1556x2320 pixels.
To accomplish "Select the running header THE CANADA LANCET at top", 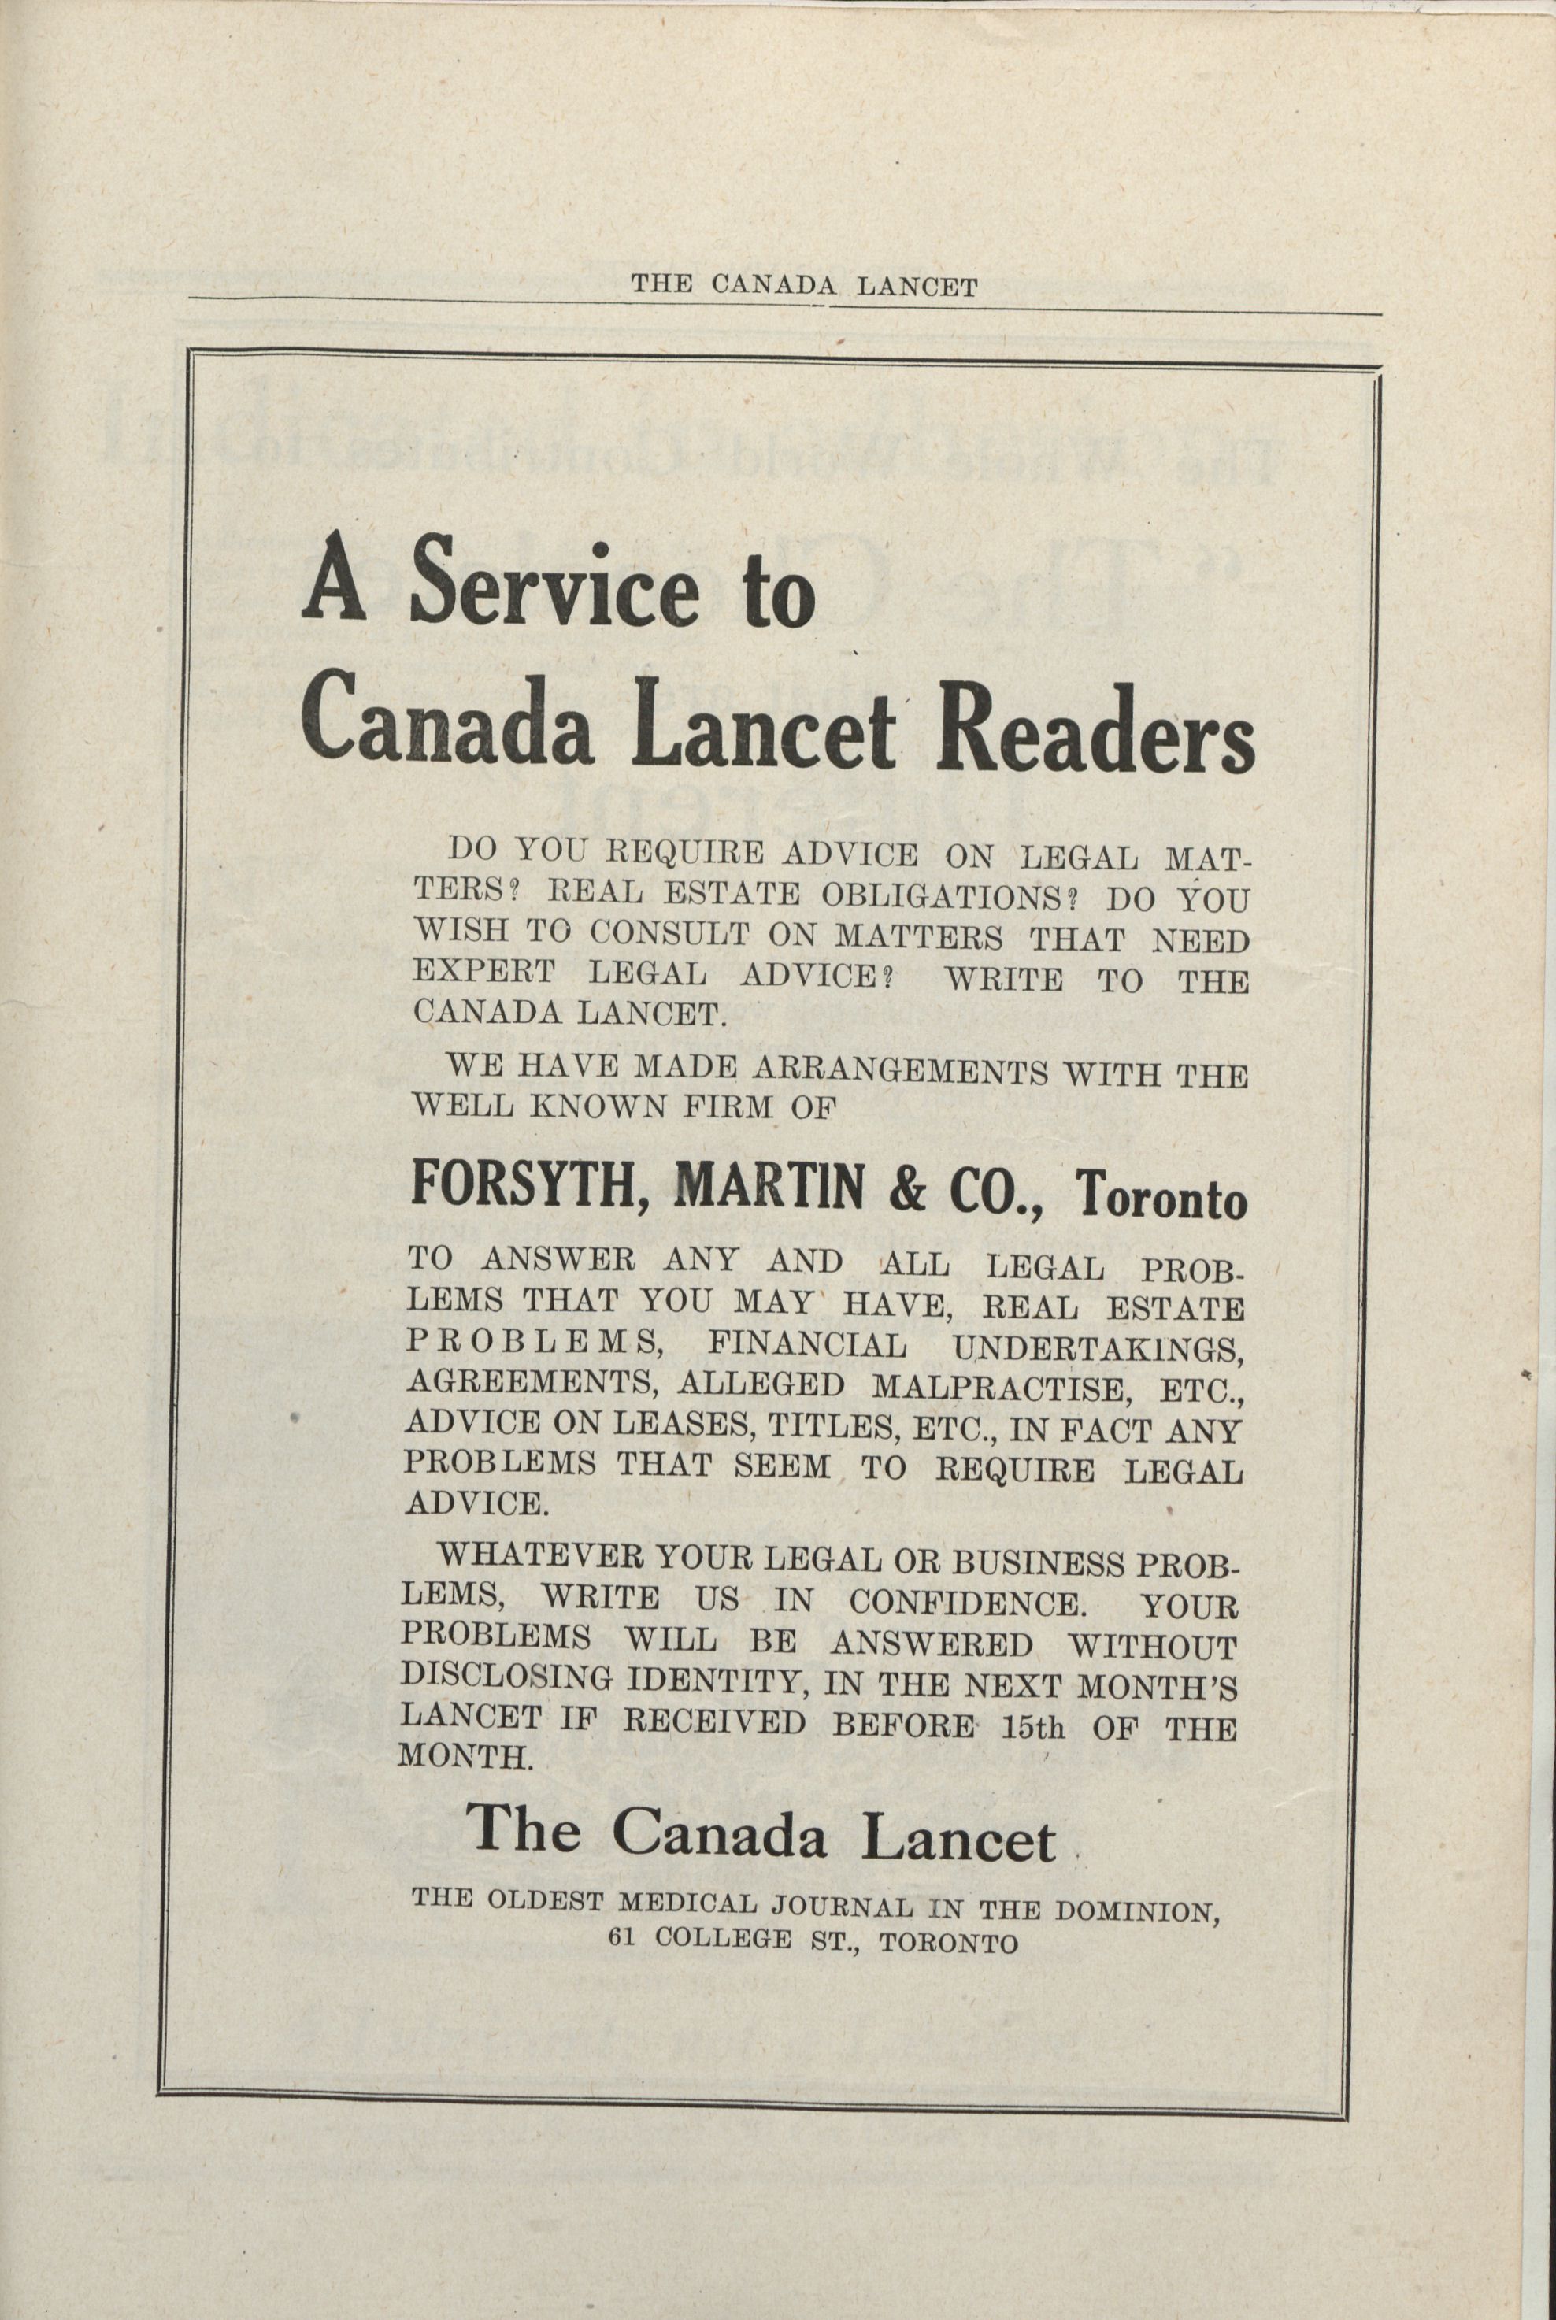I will tap(805, 287).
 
